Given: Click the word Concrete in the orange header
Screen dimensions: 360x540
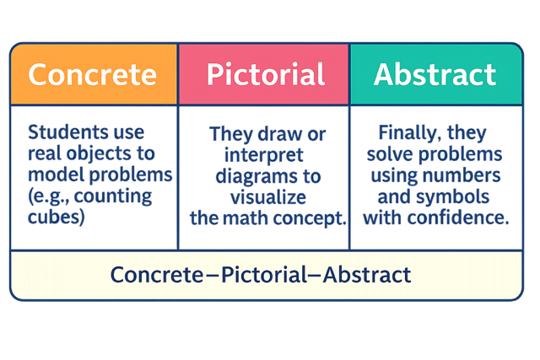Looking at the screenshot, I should (92, 74).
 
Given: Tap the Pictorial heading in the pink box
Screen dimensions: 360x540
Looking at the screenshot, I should (264, 74).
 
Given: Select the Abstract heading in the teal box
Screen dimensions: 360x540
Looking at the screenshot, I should (435, 74).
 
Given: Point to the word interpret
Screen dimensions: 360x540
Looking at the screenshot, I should (264, 154).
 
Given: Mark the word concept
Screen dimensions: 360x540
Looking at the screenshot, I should (307, 218).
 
